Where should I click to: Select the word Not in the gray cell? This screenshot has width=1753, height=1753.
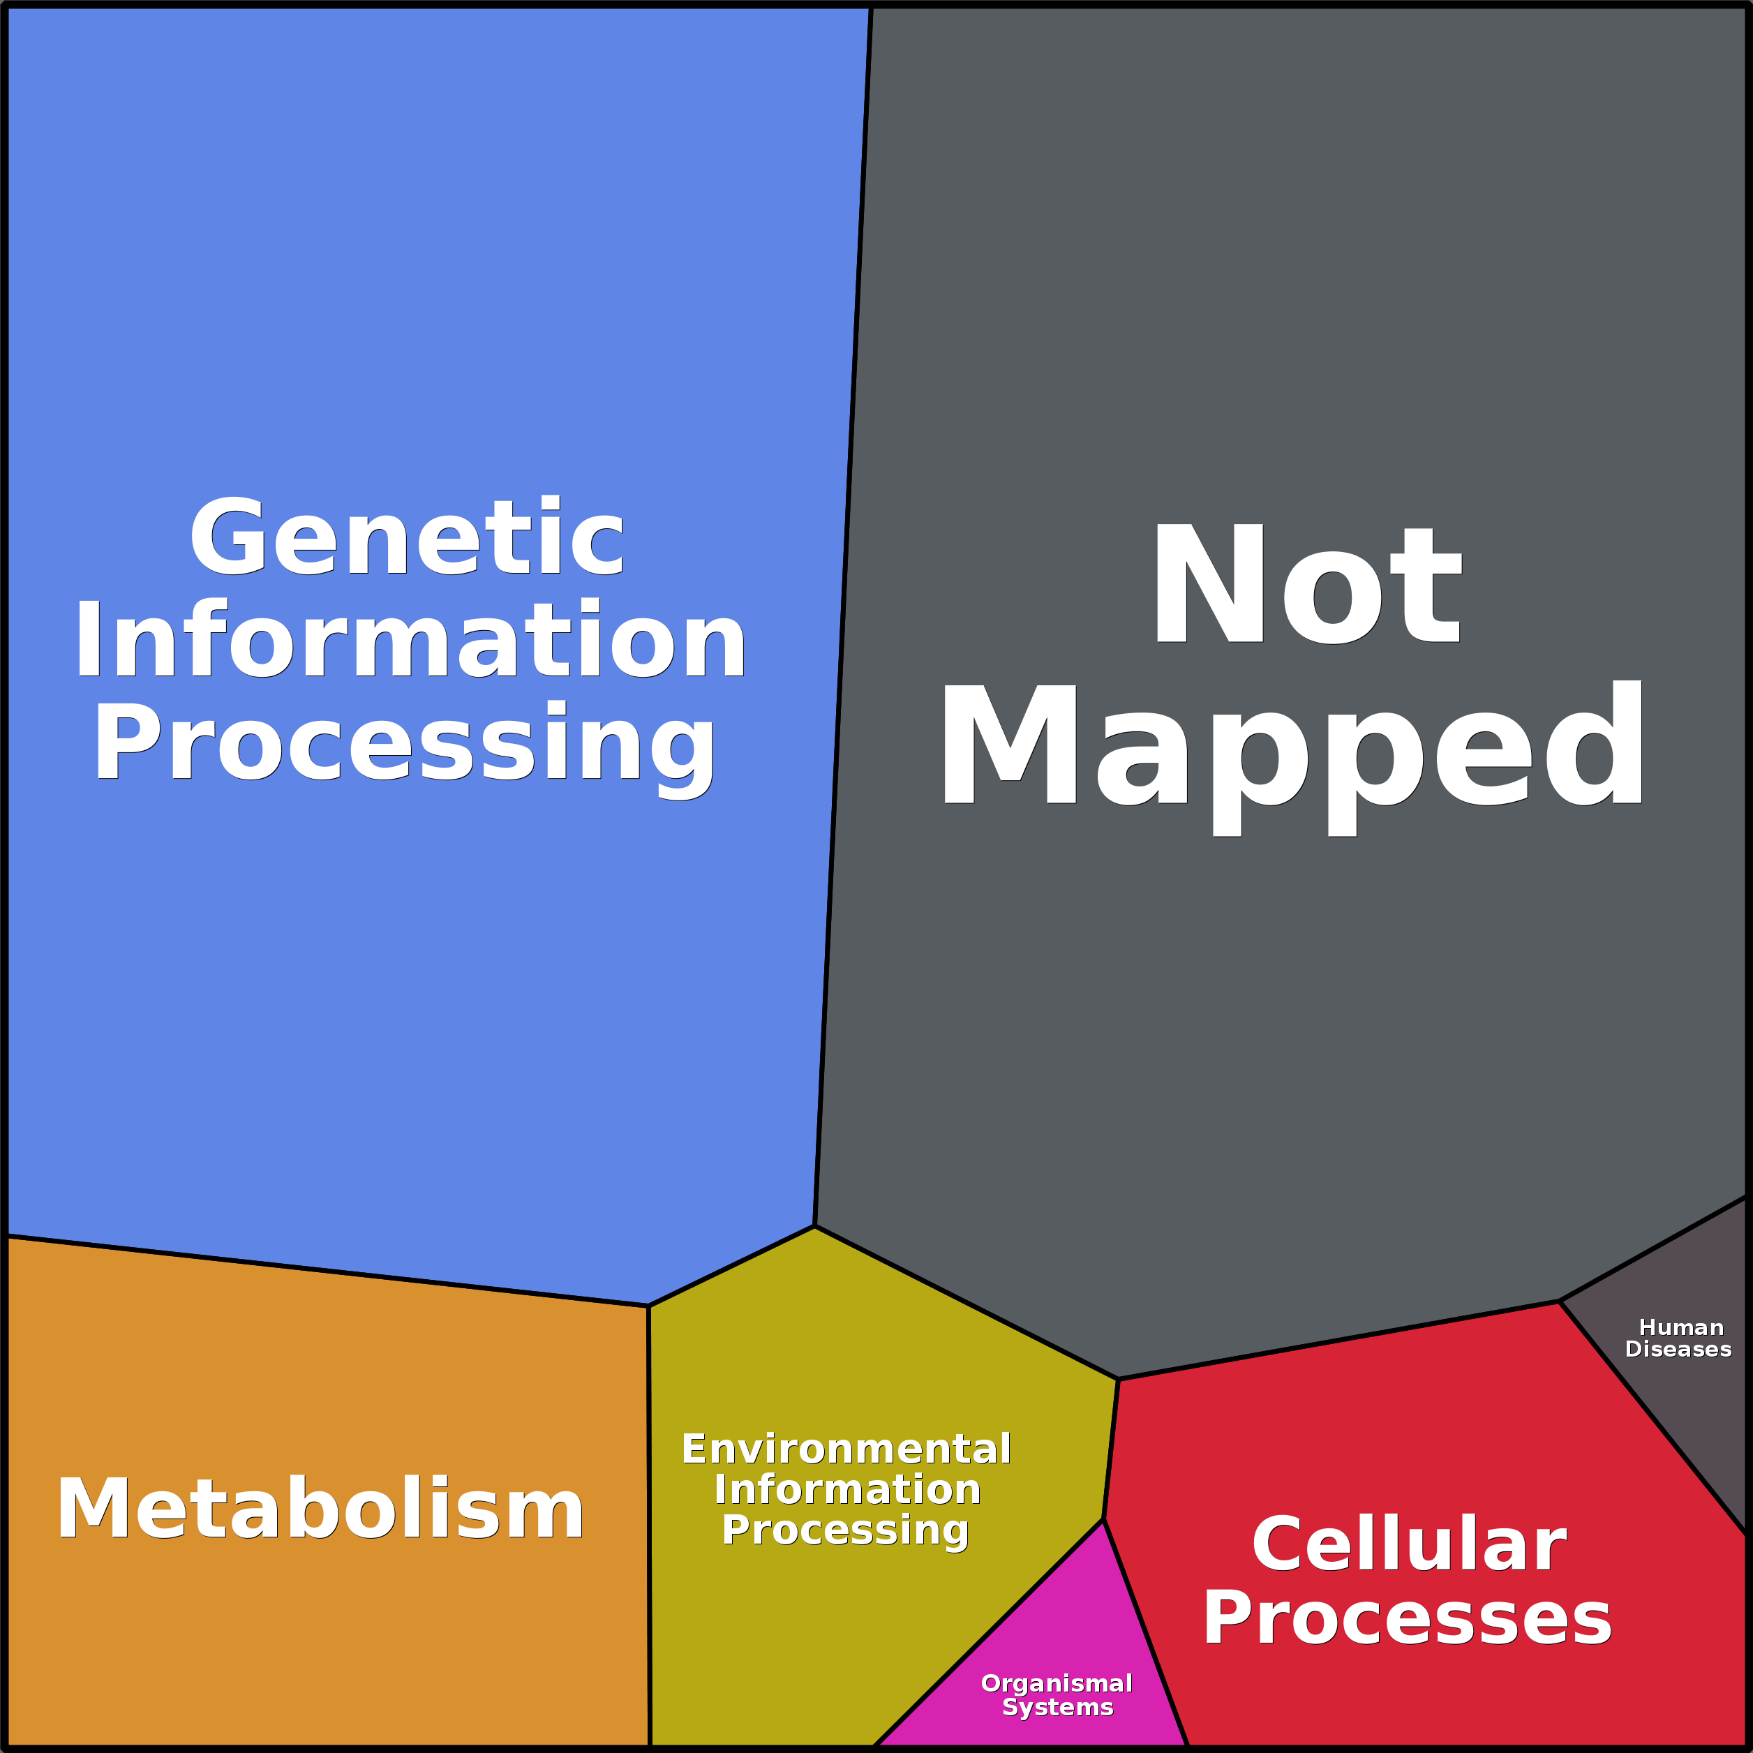tap(1306, 583)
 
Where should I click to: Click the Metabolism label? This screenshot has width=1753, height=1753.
tap(320, 1508)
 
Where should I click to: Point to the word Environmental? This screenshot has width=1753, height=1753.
tap(846, 1449)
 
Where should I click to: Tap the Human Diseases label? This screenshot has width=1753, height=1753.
tap(1678, 1338)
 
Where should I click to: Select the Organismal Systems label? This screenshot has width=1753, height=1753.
tap(1057, 1695)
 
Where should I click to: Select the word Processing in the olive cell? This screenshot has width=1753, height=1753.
tap(846, 1530)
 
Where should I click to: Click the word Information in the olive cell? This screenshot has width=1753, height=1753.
tap(847, 1489)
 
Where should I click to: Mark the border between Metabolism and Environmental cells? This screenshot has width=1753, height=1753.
tap(650, 1526)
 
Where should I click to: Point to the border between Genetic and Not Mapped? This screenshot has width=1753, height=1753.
tap(843, 617)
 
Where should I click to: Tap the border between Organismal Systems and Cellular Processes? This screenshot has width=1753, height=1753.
tap(1145, 1633)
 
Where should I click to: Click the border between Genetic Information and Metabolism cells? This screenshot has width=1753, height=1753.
tap(327, 1271)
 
